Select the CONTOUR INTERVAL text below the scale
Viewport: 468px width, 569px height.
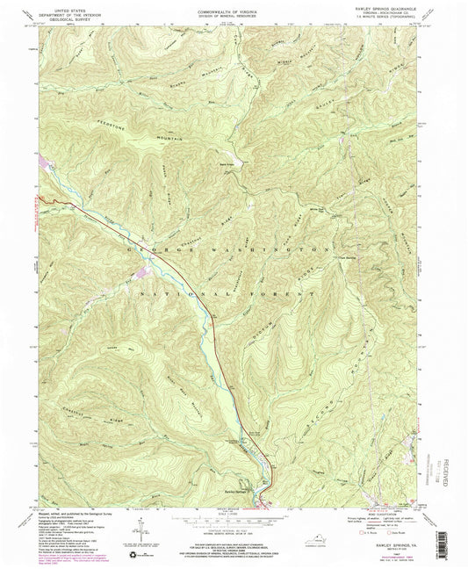[232, 526]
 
